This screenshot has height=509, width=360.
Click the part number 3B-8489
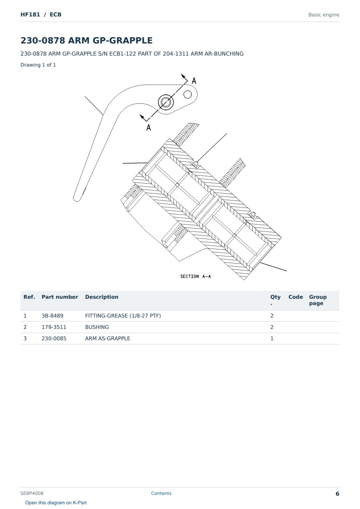52,316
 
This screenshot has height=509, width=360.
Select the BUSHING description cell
97,327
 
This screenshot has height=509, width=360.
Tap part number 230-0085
54,338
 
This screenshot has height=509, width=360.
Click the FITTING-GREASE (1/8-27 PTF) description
123,316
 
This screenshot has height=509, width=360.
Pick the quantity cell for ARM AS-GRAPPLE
272,338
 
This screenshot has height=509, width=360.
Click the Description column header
102,297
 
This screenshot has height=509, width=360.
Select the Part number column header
60,297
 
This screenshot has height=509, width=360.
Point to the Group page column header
318,300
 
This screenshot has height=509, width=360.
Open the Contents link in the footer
161,493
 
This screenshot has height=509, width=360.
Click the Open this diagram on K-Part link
56,503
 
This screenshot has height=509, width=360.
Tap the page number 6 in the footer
337,494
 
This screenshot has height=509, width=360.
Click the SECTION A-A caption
196,276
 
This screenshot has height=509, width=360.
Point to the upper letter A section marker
194,81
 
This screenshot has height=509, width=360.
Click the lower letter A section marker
149,128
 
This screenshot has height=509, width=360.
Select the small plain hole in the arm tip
187,94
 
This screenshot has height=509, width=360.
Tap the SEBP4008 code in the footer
32,493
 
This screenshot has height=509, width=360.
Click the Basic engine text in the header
324,15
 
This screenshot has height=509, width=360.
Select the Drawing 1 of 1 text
38,65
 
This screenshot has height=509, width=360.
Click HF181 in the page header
30,14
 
